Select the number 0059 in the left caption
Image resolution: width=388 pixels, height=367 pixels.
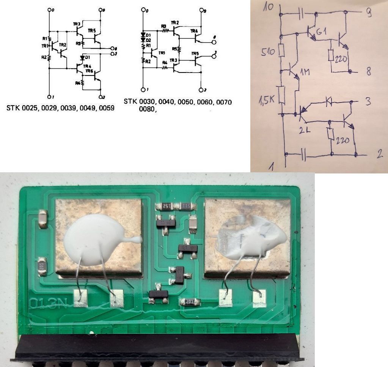click(x=106, y=108)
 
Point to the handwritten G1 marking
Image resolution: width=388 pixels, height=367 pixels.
click(x=322, y=33)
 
